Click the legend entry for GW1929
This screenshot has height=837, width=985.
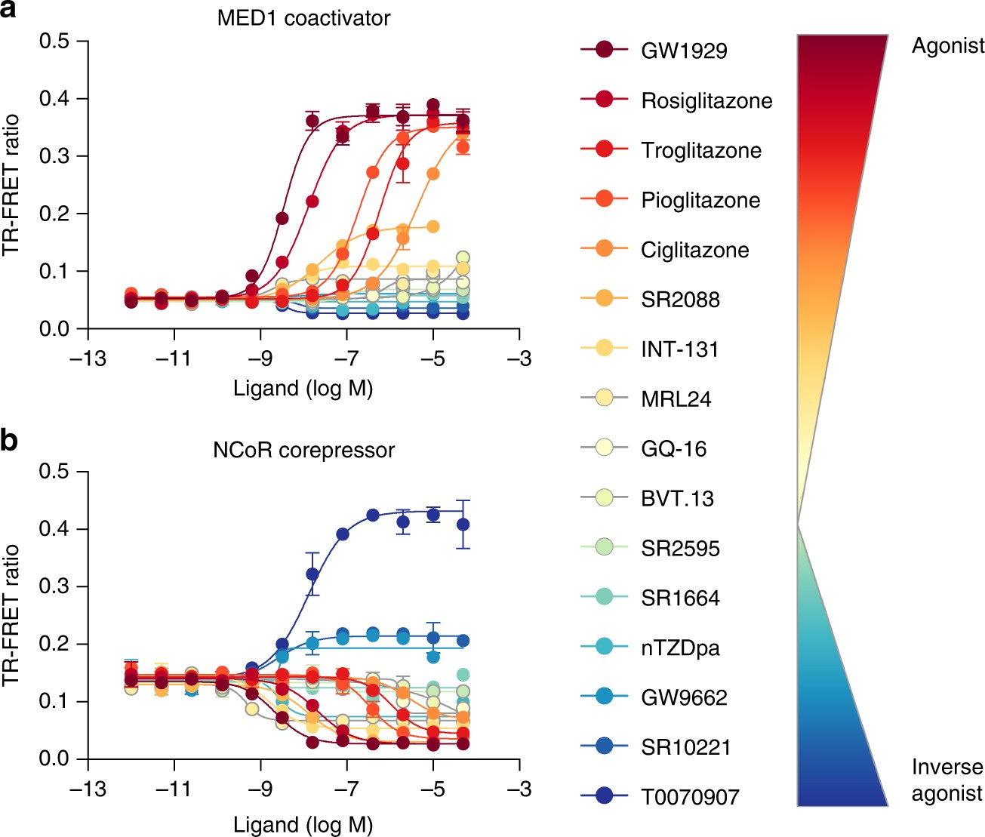[684, 51]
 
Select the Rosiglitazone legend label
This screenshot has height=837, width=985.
[706, 100]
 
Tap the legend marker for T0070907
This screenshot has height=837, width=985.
[604, 795]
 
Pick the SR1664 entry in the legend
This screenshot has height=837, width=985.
[680, 598]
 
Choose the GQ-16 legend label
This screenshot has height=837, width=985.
[673, 448]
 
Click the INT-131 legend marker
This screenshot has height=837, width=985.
[604, 348]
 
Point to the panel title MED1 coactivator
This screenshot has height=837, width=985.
[303, 18]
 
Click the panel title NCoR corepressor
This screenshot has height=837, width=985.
[303, 450]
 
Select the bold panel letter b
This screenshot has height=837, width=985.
[9, 441]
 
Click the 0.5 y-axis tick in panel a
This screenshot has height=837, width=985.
[54, 41]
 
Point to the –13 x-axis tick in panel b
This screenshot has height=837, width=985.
[88, 789]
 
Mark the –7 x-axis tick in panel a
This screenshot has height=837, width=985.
[346, 358]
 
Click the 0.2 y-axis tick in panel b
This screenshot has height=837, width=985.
[54, 644]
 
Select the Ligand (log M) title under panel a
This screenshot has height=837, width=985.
[303, 389]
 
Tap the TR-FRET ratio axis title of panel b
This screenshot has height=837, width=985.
[11, 614]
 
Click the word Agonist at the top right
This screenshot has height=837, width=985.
[947, 46]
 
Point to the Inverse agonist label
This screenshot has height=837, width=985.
[947, 780]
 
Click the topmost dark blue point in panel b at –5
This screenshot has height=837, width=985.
[433, 515]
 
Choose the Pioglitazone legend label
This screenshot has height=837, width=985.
[700, 200]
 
